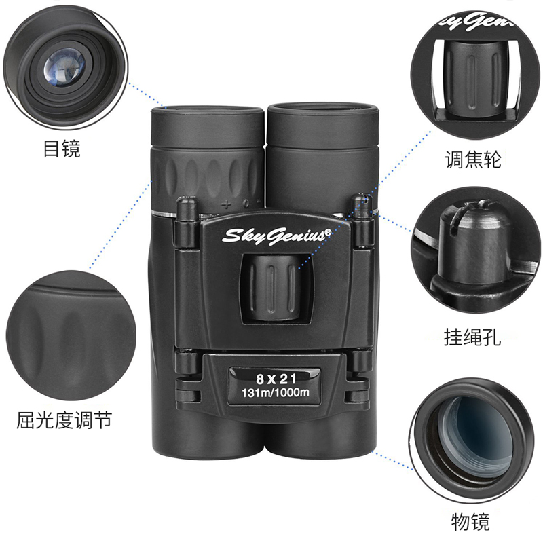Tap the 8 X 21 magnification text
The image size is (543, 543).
276,379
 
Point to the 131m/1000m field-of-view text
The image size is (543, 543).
276,392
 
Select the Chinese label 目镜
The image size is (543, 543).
62,149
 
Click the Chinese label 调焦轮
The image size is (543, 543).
472,160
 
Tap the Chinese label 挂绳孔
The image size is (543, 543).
472,337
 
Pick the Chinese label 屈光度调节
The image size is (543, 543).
64,419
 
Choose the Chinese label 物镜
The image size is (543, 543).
470,522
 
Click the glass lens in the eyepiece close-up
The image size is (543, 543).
64,67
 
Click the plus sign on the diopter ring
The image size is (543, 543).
226,204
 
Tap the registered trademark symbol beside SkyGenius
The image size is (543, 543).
327,232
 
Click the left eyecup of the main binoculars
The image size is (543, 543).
208,126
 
